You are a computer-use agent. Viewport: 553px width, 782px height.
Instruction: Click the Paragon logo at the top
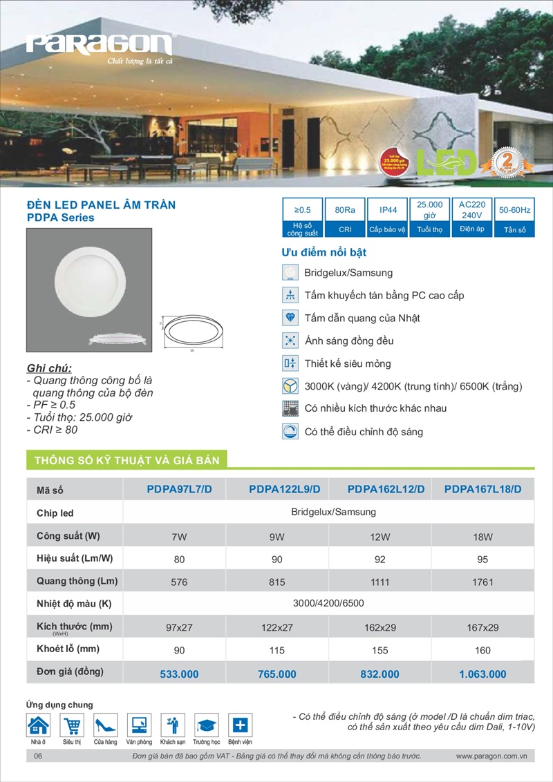click(x=100, y=46)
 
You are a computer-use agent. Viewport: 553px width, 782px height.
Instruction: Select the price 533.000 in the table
click(x=178, y=674)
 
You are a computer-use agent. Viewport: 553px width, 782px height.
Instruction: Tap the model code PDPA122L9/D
click(x=284, y=490)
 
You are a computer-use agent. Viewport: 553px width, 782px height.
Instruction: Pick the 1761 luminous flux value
click(x=483, y=582)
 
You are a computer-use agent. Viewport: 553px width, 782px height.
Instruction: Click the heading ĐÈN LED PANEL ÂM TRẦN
click(x=100, y=204)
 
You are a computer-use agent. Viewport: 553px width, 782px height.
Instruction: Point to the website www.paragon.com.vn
click(x=491, y=756)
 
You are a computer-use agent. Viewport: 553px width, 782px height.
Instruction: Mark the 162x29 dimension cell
click(x=379, y=628)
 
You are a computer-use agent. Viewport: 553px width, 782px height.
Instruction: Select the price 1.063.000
click(x=482, y=674)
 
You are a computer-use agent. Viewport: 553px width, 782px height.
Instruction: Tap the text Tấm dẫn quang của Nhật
click(x=362, y=318)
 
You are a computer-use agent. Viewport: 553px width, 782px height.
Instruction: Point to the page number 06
click(x=38, y=756)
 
